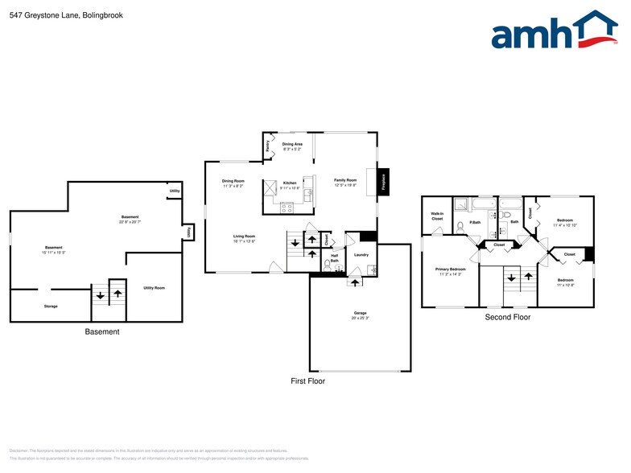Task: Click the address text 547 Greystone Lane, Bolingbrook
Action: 56,13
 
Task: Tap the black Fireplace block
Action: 384,182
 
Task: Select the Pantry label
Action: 267,146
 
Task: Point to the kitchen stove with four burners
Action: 287,207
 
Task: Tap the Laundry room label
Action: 361,255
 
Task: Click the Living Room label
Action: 244,236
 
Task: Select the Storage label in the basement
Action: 51,306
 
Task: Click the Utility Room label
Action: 154,287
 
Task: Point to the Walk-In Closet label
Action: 437,216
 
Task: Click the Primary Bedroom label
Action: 451,269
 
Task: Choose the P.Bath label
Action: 475,222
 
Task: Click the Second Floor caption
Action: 507,317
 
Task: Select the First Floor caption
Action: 307,380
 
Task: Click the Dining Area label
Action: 292,144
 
